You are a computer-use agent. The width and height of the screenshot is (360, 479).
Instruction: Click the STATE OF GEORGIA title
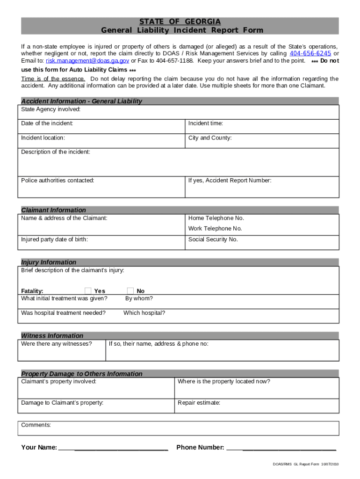coord(180,22)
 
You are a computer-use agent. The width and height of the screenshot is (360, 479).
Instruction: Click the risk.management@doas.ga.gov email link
coord(87,61)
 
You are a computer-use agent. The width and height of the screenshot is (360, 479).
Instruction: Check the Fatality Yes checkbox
coord(88,291)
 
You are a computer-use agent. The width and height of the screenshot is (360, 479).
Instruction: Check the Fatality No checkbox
coord(130,291)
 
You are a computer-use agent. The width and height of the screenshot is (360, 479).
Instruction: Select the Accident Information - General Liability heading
coord(81,101)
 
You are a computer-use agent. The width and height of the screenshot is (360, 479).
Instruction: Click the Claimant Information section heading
coord(54,210)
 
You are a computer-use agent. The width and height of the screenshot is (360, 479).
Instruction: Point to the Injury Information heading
coord(49,262)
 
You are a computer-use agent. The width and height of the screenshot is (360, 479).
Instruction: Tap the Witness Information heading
coord(52,335)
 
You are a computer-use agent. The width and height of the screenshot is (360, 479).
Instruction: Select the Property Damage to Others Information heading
coord(82,374)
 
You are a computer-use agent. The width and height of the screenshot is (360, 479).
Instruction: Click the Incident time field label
coord(205,123)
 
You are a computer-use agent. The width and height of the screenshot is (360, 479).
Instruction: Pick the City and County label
coord(210,138)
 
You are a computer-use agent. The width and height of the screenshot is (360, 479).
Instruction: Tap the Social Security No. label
coord(213,239)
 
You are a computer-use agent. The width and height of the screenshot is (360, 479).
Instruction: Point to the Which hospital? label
coord(144,313)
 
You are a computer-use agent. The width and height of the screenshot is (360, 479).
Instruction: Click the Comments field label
coord(36,425)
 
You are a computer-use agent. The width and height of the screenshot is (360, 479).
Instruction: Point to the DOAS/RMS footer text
coord(306,464)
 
